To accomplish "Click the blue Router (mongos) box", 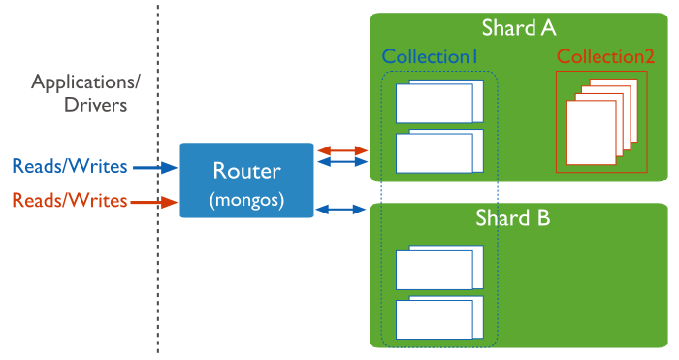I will click(246, 181).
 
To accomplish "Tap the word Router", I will click(246, 171).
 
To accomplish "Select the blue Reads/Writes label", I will click(69, 166).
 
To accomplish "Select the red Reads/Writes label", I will click(69, 201).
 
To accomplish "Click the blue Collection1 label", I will click(431, 56).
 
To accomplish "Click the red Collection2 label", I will click(606, 56).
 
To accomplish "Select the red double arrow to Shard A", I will click(342, 150).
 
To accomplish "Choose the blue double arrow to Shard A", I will click(342, 162).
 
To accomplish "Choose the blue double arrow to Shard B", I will click(342, 208).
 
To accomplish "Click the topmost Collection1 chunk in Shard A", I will click(438, 102).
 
